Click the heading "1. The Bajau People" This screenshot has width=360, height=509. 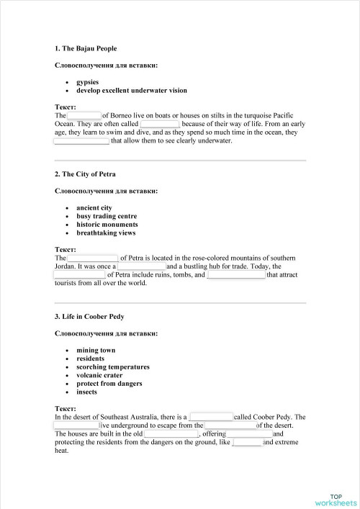pos(85,48)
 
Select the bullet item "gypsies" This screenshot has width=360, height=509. pos(88,82)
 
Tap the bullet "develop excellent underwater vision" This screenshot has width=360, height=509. pos(131,91)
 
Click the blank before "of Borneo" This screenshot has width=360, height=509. pos(84,115)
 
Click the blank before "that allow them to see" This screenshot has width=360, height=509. pos(81,141)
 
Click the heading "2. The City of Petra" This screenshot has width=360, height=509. pos(85,174)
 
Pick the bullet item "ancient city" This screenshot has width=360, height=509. pos(94,208)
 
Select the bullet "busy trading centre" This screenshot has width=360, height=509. pos(107,216)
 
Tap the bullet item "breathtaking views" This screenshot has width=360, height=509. pos(106,233)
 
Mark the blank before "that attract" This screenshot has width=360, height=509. pos(236,275)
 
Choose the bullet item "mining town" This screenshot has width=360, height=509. pos(96,351)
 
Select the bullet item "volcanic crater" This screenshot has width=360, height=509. pos(99,375)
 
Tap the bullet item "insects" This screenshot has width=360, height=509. pos(88,392)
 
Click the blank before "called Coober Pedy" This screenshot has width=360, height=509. pos(210,417)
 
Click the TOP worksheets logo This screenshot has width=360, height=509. pos(336,500)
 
